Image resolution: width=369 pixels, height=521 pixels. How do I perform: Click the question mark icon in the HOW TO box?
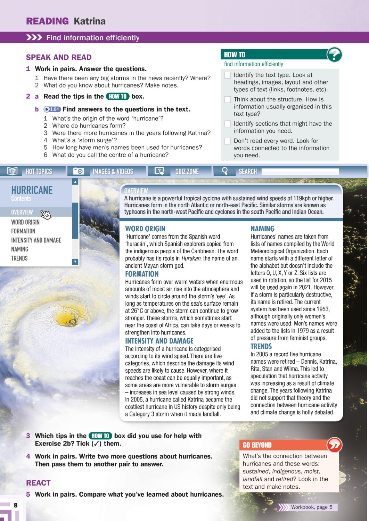point(334,55)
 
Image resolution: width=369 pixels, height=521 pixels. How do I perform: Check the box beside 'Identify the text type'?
point(228,75)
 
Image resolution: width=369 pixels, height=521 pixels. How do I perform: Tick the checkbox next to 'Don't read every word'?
point(228,141)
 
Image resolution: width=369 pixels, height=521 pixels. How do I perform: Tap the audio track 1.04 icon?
point(52,109)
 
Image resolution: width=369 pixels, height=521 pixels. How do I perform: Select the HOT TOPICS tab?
point(33,171)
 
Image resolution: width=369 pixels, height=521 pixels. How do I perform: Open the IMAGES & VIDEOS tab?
point(103,171)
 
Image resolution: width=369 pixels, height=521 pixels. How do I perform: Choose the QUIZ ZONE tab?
point(179,171)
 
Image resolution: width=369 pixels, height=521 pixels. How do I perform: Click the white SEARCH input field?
point(300,171)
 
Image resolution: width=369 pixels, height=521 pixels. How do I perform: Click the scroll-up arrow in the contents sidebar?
point(75,182)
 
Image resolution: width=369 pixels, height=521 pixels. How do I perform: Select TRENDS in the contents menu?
point(19,258)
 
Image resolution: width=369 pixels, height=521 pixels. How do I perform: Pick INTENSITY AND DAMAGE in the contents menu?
point(36,240)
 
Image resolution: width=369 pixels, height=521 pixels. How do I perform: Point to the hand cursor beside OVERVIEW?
point(46,215)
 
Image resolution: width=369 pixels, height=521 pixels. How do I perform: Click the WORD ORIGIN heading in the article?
point(145,229)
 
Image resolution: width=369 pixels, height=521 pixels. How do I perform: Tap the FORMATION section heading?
point(142,274)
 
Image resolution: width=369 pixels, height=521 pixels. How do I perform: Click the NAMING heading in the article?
point(262,229)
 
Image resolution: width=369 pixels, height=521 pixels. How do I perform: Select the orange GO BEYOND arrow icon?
point(334,445)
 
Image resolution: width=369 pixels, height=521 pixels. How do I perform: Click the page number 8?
point(15,505)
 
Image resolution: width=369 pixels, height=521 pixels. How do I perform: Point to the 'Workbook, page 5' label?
point(311,507)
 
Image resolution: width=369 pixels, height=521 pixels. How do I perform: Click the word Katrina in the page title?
point(90,21)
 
